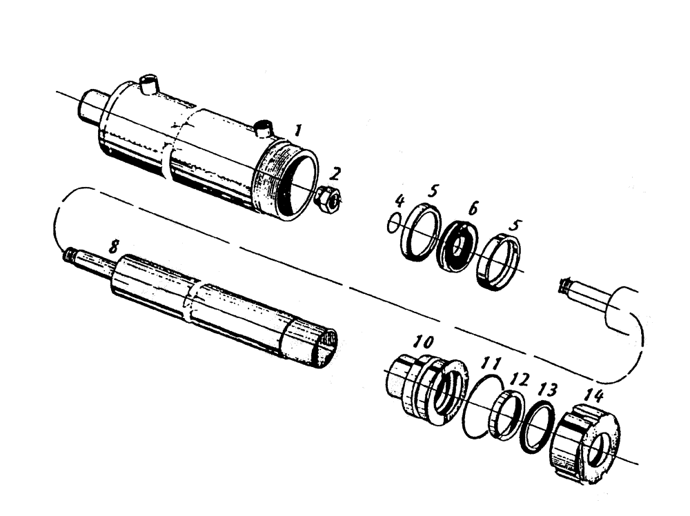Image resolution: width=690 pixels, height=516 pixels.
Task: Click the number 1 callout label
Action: point(297,129)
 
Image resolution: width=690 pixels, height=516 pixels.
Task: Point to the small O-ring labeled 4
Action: point(393,224)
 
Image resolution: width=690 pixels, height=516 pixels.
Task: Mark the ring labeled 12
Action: point(504,414)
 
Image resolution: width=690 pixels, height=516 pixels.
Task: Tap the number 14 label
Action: point(593,395)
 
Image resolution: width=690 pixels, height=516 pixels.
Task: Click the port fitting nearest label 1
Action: point(262,128)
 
